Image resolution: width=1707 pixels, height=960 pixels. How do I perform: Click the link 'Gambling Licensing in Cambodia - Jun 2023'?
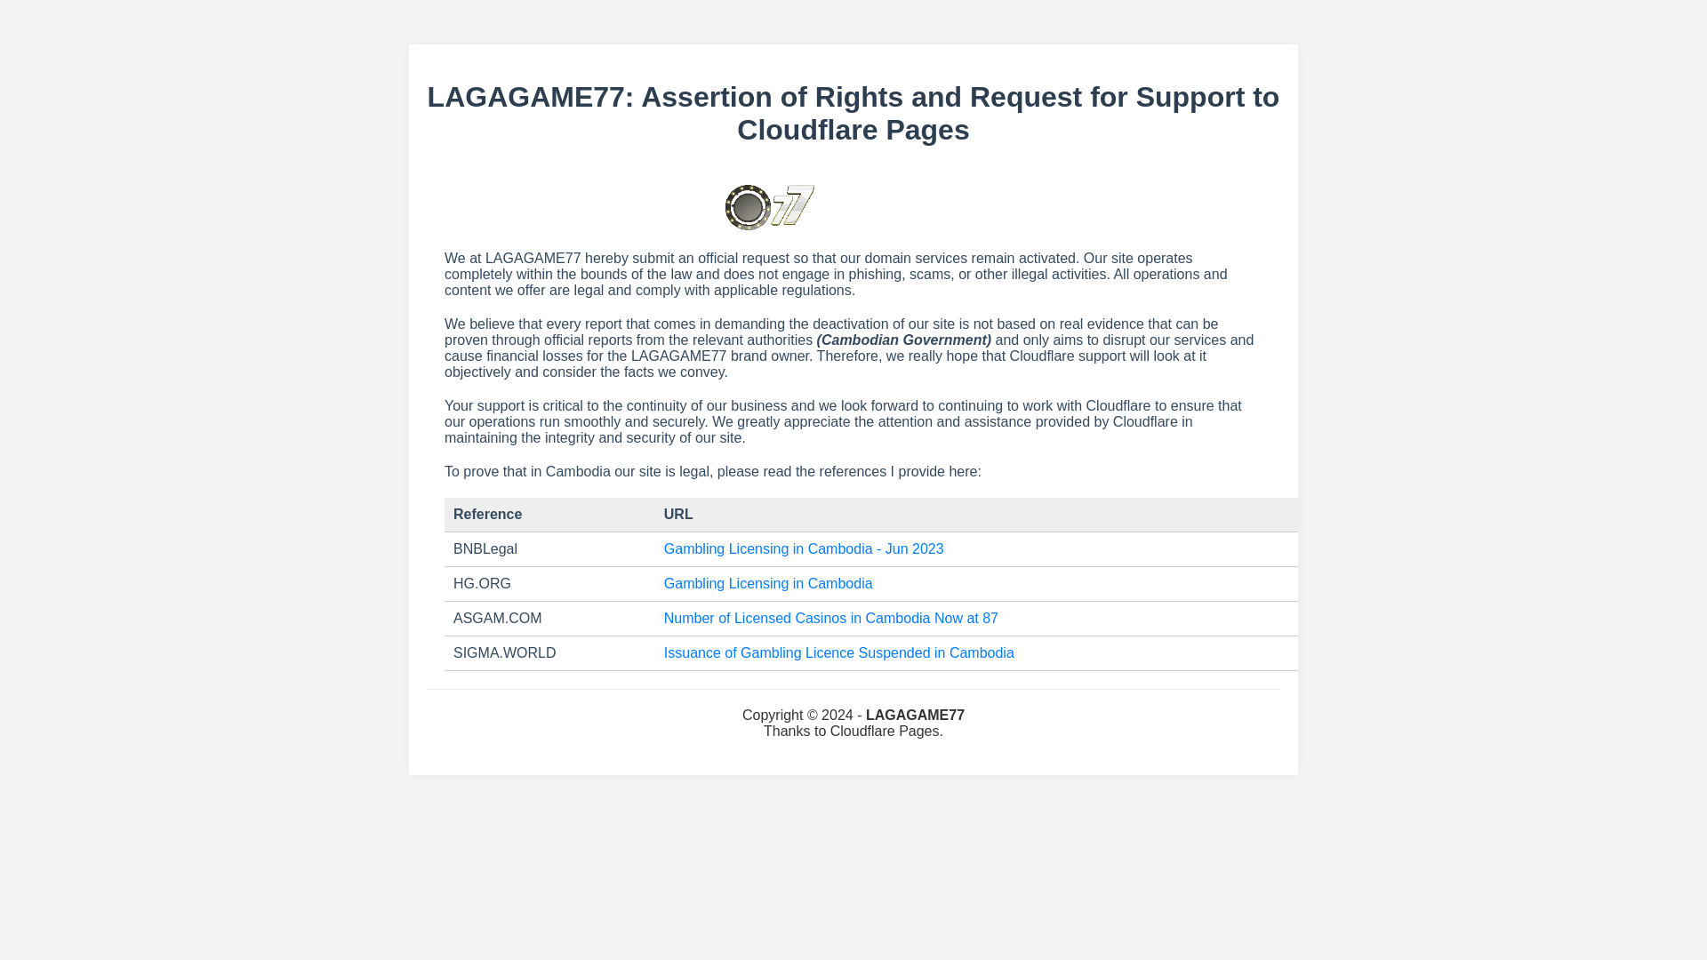tap(803, 549)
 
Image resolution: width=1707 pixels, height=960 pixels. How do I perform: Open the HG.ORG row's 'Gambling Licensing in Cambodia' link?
tap(767, 584)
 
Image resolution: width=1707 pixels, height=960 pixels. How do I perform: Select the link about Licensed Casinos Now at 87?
tap(830, 619)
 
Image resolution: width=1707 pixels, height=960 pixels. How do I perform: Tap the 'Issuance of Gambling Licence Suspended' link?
tap(838, 653)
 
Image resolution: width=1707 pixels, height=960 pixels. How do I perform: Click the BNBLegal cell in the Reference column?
tap(485, 549)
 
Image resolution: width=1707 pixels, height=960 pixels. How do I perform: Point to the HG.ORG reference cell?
tap(482, 584)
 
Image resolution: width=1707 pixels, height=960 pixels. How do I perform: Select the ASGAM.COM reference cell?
tap(497, 619)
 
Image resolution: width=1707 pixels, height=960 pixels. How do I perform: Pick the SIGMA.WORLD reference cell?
tap(504, 653)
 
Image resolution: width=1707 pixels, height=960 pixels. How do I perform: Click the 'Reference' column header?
tap(487, 515)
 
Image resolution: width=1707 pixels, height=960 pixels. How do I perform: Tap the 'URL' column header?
tap(678, 515)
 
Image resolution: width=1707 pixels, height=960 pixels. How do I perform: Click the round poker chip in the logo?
tap(748, 208)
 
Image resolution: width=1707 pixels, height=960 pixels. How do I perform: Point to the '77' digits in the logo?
tap(793, 205)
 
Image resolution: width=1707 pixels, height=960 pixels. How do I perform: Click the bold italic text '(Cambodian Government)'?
tap(903, 340)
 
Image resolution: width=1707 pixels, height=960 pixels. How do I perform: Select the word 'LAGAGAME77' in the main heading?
tap(525, 97)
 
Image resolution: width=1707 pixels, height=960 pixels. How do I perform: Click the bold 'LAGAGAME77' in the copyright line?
tap(915, 716)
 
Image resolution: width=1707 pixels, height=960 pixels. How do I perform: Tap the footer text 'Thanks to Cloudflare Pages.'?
tap(853, 732)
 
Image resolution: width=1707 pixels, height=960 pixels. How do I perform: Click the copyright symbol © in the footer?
tap(811, 716)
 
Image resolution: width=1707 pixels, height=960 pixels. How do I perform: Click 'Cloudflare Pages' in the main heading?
tap(853, 130)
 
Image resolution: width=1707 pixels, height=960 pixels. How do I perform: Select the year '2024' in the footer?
tap(837, 716)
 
